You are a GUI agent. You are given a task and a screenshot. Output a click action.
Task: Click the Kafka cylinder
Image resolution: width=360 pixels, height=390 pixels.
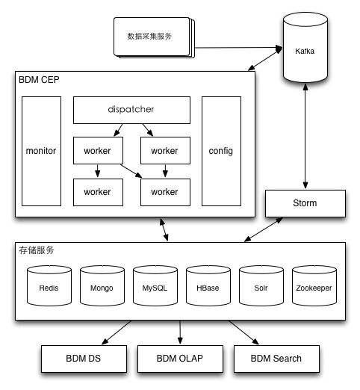305,47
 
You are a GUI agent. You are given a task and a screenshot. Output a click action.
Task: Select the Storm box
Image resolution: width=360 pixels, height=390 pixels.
305,203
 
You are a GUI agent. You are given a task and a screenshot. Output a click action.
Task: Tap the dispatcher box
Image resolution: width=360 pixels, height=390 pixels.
131,110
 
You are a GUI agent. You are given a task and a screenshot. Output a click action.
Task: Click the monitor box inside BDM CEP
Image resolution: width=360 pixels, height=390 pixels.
41,151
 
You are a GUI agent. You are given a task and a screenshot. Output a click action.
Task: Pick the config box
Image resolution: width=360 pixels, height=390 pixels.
221,151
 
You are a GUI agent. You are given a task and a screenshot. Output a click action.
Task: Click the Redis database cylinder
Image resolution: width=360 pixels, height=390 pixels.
49,285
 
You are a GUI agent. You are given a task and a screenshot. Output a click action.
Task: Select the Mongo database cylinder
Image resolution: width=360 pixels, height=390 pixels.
102,285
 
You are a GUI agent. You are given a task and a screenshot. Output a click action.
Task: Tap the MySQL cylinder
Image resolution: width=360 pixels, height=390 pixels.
155,285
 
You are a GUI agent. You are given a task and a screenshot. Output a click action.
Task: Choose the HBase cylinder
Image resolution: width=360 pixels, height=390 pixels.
208,285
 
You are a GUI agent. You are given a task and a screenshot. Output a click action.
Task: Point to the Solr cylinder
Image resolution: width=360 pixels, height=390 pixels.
261,285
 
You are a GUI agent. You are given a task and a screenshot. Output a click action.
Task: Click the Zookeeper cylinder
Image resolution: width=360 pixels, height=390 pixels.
314,285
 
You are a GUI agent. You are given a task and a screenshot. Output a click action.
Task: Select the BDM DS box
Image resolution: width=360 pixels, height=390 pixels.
84,359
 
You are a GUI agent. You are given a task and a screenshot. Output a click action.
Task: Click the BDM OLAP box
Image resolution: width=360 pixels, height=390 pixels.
180,359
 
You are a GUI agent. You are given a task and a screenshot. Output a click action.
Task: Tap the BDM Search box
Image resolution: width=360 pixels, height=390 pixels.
276,359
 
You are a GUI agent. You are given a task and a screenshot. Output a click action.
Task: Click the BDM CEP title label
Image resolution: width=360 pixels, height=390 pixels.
39,80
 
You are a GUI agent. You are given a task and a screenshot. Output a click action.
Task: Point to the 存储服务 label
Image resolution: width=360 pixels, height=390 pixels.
37,250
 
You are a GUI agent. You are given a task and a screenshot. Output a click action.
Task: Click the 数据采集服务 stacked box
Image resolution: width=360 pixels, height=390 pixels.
154,37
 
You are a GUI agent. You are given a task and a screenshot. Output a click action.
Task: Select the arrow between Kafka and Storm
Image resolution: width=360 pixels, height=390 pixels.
305,136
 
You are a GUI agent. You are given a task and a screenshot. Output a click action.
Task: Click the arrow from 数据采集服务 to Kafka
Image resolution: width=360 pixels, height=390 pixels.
239,48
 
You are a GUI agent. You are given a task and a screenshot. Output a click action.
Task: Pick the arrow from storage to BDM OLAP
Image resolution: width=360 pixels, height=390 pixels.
180,332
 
